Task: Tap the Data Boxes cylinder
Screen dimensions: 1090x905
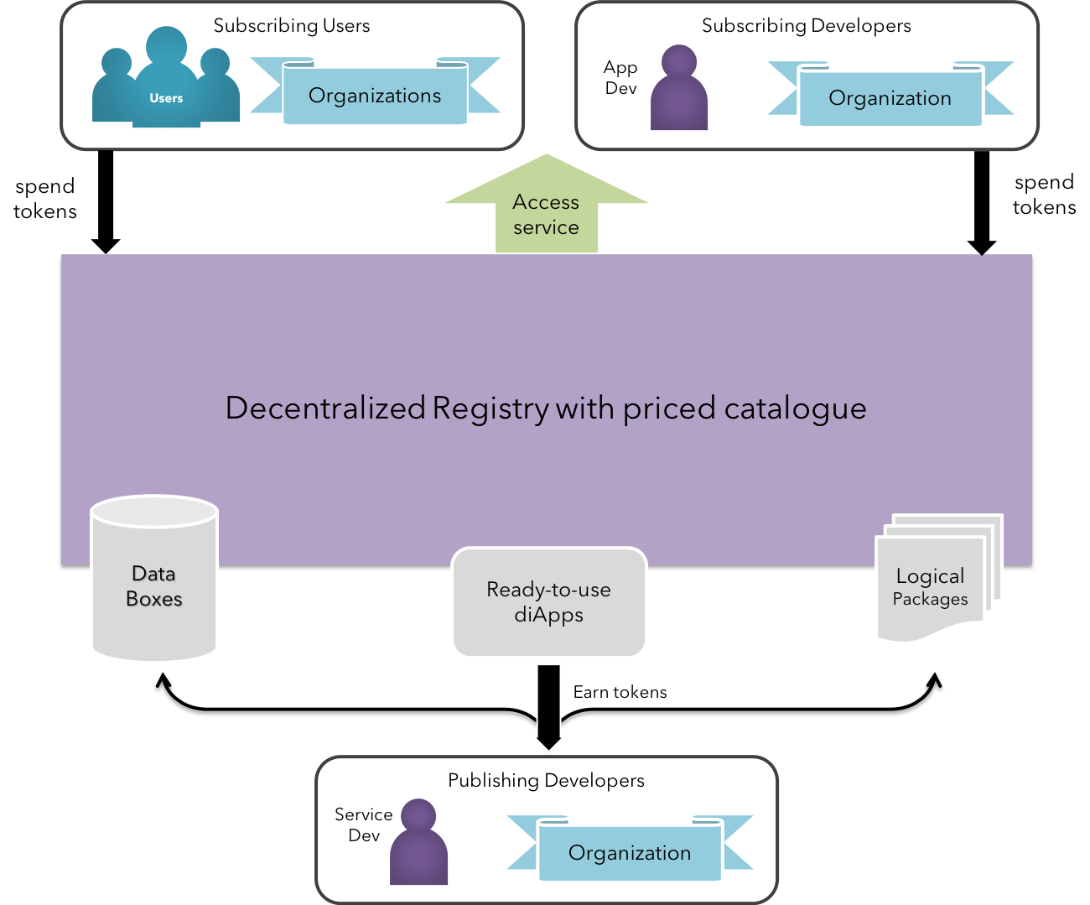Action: point(154,578)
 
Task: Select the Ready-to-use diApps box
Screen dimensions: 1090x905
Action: point(549,601)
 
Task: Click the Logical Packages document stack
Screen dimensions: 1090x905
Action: point(938,578)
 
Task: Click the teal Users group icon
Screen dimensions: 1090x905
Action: point(166,77)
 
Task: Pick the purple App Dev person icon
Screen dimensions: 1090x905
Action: point(678,87)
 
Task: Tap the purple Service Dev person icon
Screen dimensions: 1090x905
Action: point(418,842)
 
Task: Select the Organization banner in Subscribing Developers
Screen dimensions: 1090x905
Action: point(890,94)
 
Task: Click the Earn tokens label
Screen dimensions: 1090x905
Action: point(620,692)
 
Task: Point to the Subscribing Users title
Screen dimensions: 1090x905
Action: point(292,26)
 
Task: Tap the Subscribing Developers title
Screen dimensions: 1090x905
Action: point(806,26)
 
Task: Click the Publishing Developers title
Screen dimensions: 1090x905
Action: point(546,780)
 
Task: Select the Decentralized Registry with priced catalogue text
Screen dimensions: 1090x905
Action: point(546,408)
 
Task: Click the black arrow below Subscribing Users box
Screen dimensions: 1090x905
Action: point(106,201)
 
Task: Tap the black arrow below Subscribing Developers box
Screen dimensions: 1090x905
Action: point(982,203)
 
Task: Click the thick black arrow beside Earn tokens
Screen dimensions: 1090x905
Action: point(548,707)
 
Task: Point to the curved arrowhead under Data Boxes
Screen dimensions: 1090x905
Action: point(163,681)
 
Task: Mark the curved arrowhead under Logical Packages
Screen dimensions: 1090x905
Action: point(934,681)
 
